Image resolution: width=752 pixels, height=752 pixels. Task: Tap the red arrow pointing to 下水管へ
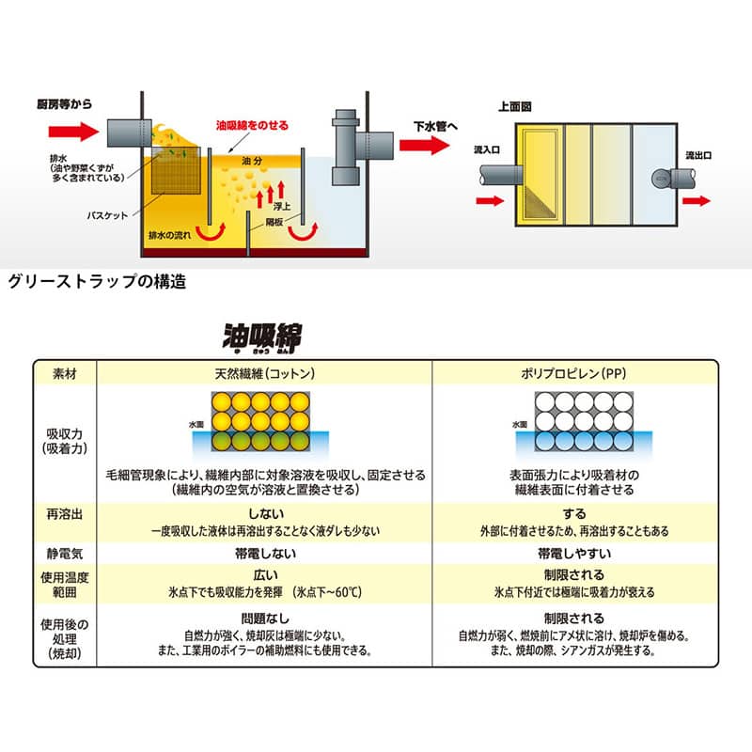pyautogui.click(x=424, y=146)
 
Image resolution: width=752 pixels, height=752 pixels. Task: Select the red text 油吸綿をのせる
pyautogui.click(x=252, y=125)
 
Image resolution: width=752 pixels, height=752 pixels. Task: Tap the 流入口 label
pyautogui.click(x=488, y=149)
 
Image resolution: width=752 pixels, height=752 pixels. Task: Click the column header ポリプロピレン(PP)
pyautogui.click(x=573, y=373)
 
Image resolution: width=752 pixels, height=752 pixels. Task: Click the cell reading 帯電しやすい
pyautogui.click(x=573, y=553)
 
